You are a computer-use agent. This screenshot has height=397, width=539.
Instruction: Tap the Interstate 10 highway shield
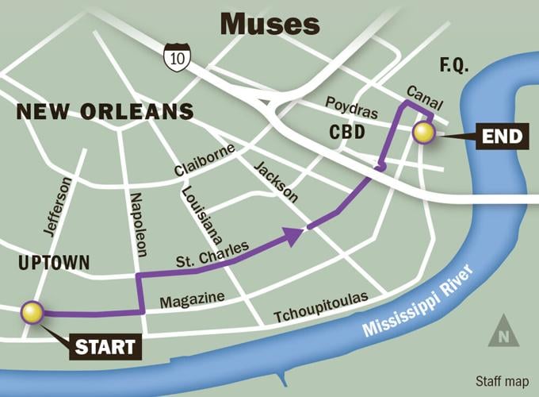coord(176,56)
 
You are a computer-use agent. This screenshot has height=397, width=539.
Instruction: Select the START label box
coord(109,346)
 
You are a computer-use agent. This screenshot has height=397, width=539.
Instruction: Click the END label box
coord(503,137)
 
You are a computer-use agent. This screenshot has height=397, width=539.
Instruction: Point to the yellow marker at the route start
coord(32,313)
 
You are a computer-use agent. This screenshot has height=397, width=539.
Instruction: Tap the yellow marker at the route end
coord(425,133)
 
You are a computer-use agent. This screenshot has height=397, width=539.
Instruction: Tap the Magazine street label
coord(193,300)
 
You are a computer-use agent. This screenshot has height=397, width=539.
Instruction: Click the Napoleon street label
coord(139,224)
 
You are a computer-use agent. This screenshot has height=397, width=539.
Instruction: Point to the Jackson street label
coord(276,181)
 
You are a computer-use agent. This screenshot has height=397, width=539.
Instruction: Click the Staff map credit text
coord(502,380)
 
